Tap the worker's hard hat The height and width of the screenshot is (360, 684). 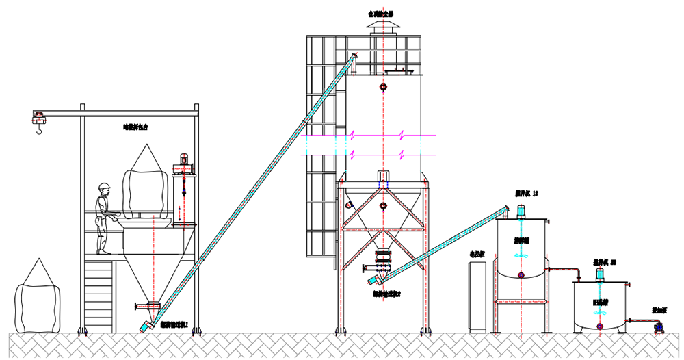coord(104,187)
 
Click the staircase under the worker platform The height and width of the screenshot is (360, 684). coord(97,294)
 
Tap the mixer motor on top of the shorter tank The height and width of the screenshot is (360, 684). coord(600,274)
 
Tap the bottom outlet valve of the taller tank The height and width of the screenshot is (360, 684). coord(521,275)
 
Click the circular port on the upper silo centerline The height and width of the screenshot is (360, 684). coord(383,88)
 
